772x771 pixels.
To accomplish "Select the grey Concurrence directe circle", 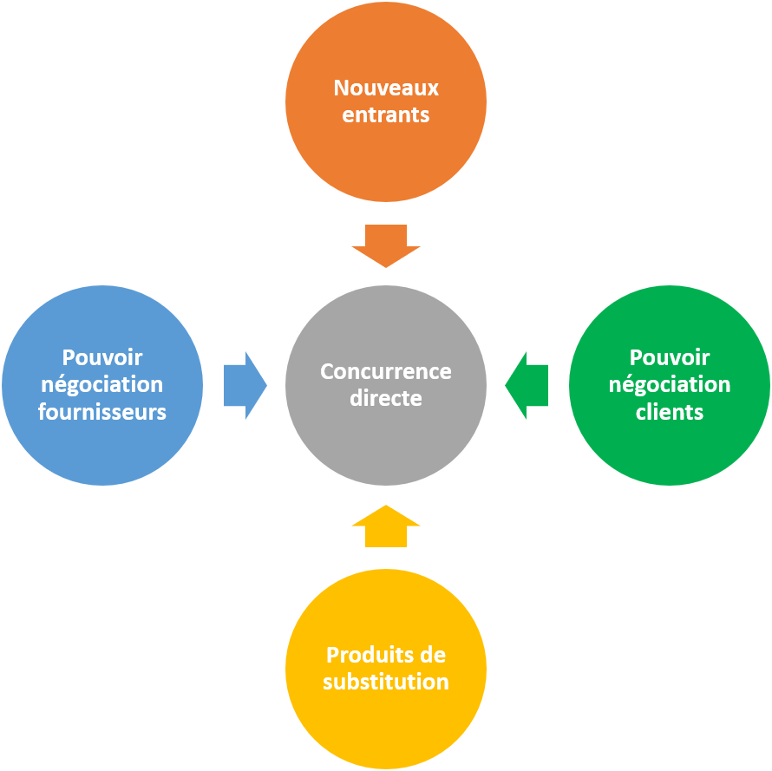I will (386, 434).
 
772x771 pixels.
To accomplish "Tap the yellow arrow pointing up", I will (386, 526).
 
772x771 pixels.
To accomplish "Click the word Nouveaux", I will (386, 88).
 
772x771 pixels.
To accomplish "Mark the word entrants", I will (386, 115).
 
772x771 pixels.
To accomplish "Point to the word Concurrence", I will (386, 371).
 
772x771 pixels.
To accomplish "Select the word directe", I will (386, 399).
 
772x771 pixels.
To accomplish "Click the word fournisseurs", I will (102, 412).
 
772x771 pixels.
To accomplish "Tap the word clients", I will (670, 412).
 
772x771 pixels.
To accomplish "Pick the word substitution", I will (386, 682).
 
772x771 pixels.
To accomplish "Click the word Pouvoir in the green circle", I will (670, 357).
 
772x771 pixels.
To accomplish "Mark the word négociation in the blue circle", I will (102, 385).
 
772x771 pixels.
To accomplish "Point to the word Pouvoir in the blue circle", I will (102, 357).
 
